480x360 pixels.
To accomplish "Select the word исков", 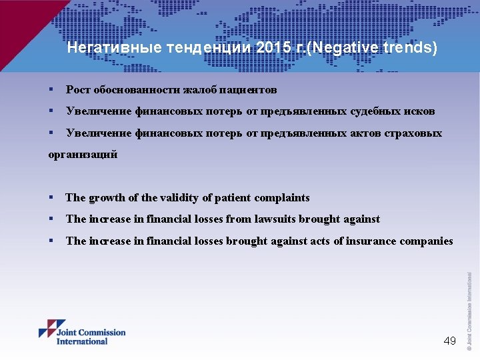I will tap(420, 111).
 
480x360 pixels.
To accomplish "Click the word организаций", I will tap(83, 154).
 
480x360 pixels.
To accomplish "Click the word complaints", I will tap(283, 198).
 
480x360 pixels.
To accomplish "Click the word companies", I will tap(426, 241).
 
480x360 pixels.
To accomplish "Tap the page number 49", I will tap(450, 341).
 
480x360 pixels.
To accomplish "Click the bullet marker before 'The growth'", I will tap(51, 198).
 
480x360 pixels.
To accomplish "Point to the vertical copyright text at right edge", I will tap(469, 310).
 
